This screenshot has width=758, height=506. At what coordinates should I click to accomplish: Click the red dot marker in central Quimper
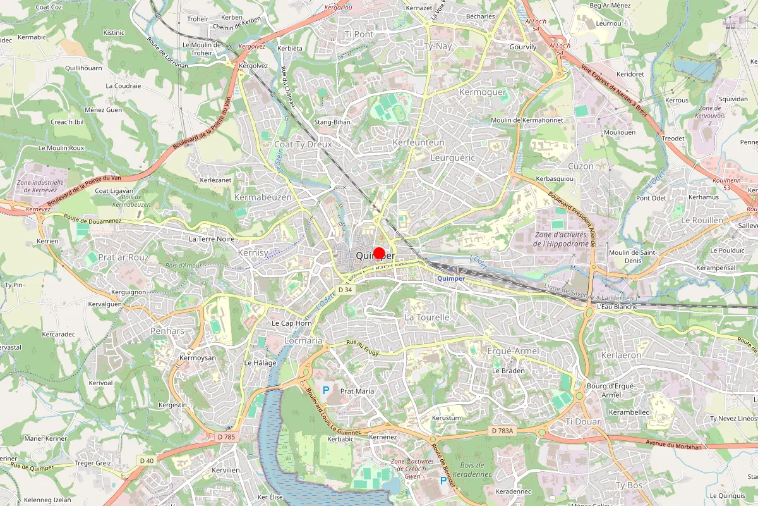point(379,254)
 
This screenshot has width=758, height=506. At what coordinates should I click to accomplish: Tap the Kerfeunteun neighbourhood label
point(418,144)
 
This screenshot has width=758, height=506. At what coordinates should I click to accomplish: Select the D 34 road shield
point(344,289)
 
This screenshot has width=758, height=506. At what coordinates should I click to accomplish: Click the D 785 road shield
point(226,436)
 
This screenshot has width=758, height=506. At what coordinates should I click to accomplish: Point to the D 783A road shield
point(503,431)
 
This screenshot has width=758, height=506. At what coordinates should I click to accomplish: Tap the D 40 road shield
point(147,460)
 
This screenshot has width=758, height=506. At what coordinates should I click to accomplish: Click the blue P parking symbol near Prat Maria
point(326,390)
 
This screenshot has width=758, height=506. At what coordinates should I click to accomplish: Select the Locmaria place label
point(304,340)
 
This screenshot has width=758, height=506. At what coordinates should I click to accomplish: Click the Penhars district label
point(167,331)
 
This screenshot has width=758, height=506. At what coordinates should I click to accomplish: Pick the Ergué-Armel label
point(513,351)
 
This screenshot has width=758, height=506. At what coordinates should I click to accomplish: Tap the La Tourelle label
point(426,317)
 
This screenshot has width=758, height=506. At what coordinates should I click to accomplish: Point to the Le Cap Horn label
point(292,323)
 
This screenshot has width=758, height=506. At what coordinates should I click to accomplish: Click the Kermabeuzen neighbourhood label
point(263,197)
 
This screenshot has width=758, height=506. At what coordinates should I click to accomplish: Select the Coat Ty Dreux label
point(303,144)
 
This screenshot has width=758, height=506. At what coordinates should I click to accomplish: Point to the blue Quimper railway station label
point(450,278)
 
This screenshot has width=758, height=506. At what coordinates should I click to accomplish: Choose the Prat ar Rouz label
point(124,257)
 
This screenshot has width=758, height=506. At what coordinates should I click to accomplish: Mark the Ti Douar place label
point(583,421)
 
